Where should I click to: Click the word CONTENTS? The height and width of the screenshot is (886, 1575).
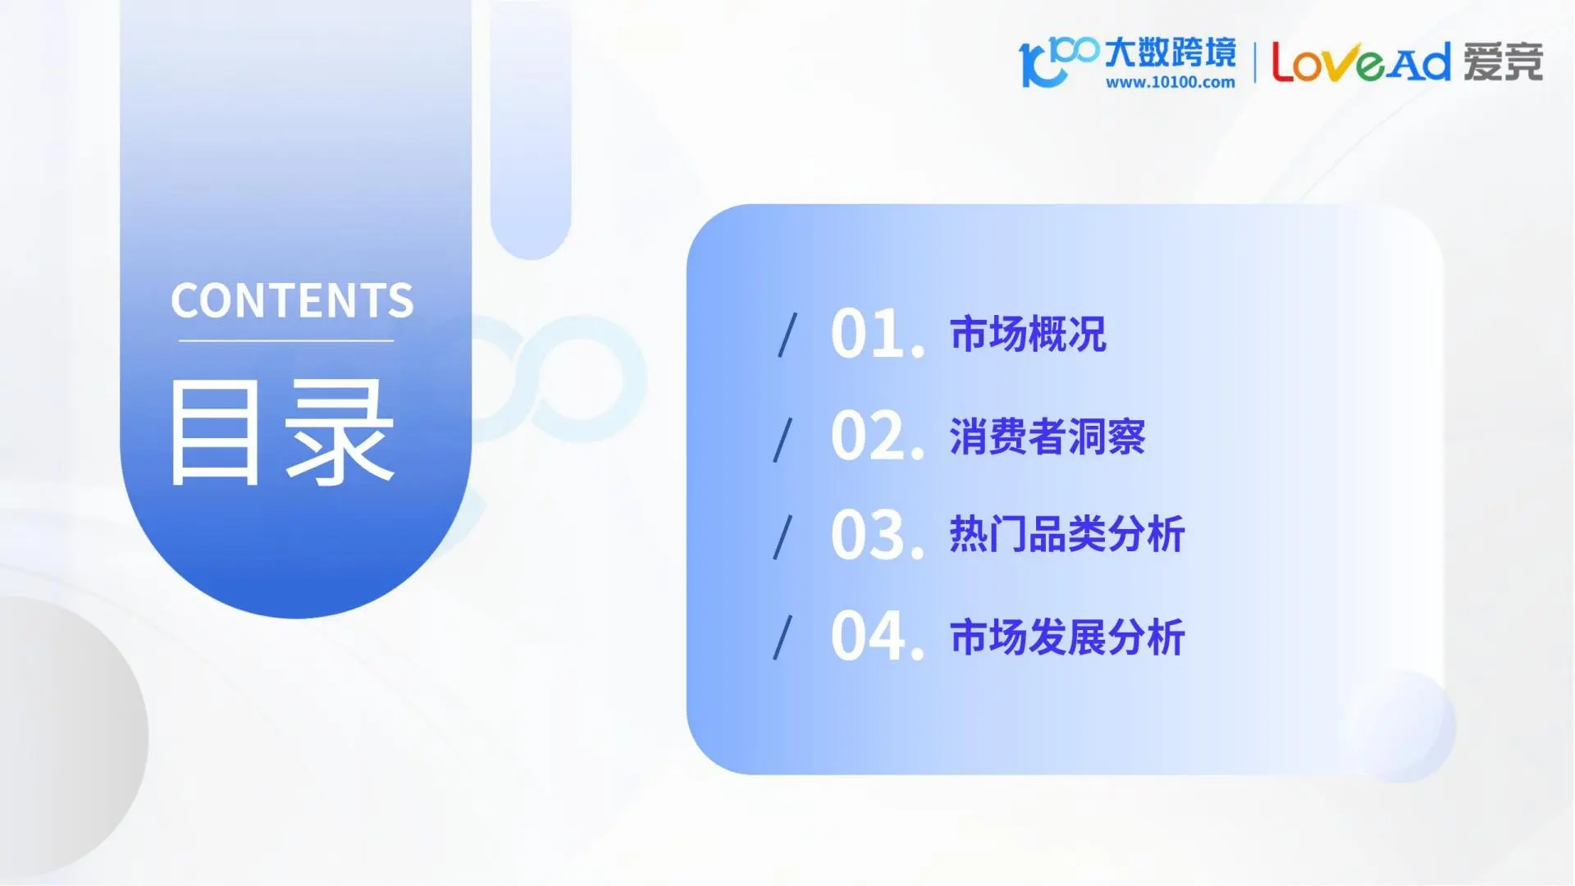click(x=292, y=300)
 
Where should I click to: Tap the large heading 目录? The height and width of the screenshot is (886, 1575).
click(x=281, y=432)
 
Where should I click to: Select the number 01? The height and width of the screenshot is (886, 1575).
click(x=877, y=334)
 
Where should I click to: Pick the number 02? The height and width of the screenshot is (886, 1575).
click(x=877, y=436)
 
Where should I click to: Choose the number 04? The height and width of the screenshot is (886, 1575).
click(x=877, y=636)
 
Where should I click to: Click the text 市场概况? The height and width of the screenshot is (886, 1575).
click(x=1028, y=334)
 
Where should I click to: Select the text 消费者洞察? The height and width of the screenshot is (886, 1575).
click(x=1048, y=436)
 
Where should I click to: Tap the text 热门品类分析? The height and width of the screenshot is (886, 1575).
click(x=1067, y=535)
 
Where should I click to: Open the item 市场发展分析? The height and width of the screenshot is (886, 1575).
click(x=1067, y=637)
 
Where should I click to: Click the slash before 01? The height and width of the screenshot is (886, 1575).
click(x=787, y=335)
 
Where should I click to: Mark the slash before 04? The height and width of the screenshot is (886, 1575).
click(x=783, y=637)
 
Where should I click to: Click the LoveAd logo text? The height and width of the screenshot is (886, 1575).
click(x=1361, y=62)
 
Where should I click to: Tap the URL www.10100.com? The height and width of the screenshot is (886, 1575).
click(x=1170, y=82)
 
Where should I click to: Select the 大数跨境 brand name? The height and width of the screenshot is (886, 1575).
click(x=1170, y=52)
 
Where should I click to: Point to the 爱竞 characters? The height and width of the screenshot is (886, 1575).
click(x=1503, y=62)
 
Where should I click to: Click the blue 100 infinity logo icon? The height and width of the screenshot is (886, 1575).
click(x=1057, y=60)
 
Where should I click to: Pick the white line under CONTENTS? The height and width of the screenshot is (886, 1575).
click(x=286, y=340)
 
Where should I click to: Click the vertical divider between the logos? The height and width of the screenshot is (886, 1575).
click(x=1254, y=62)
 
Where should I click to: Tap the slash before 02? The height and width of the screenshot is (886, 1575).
click(x=783, y=439)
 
